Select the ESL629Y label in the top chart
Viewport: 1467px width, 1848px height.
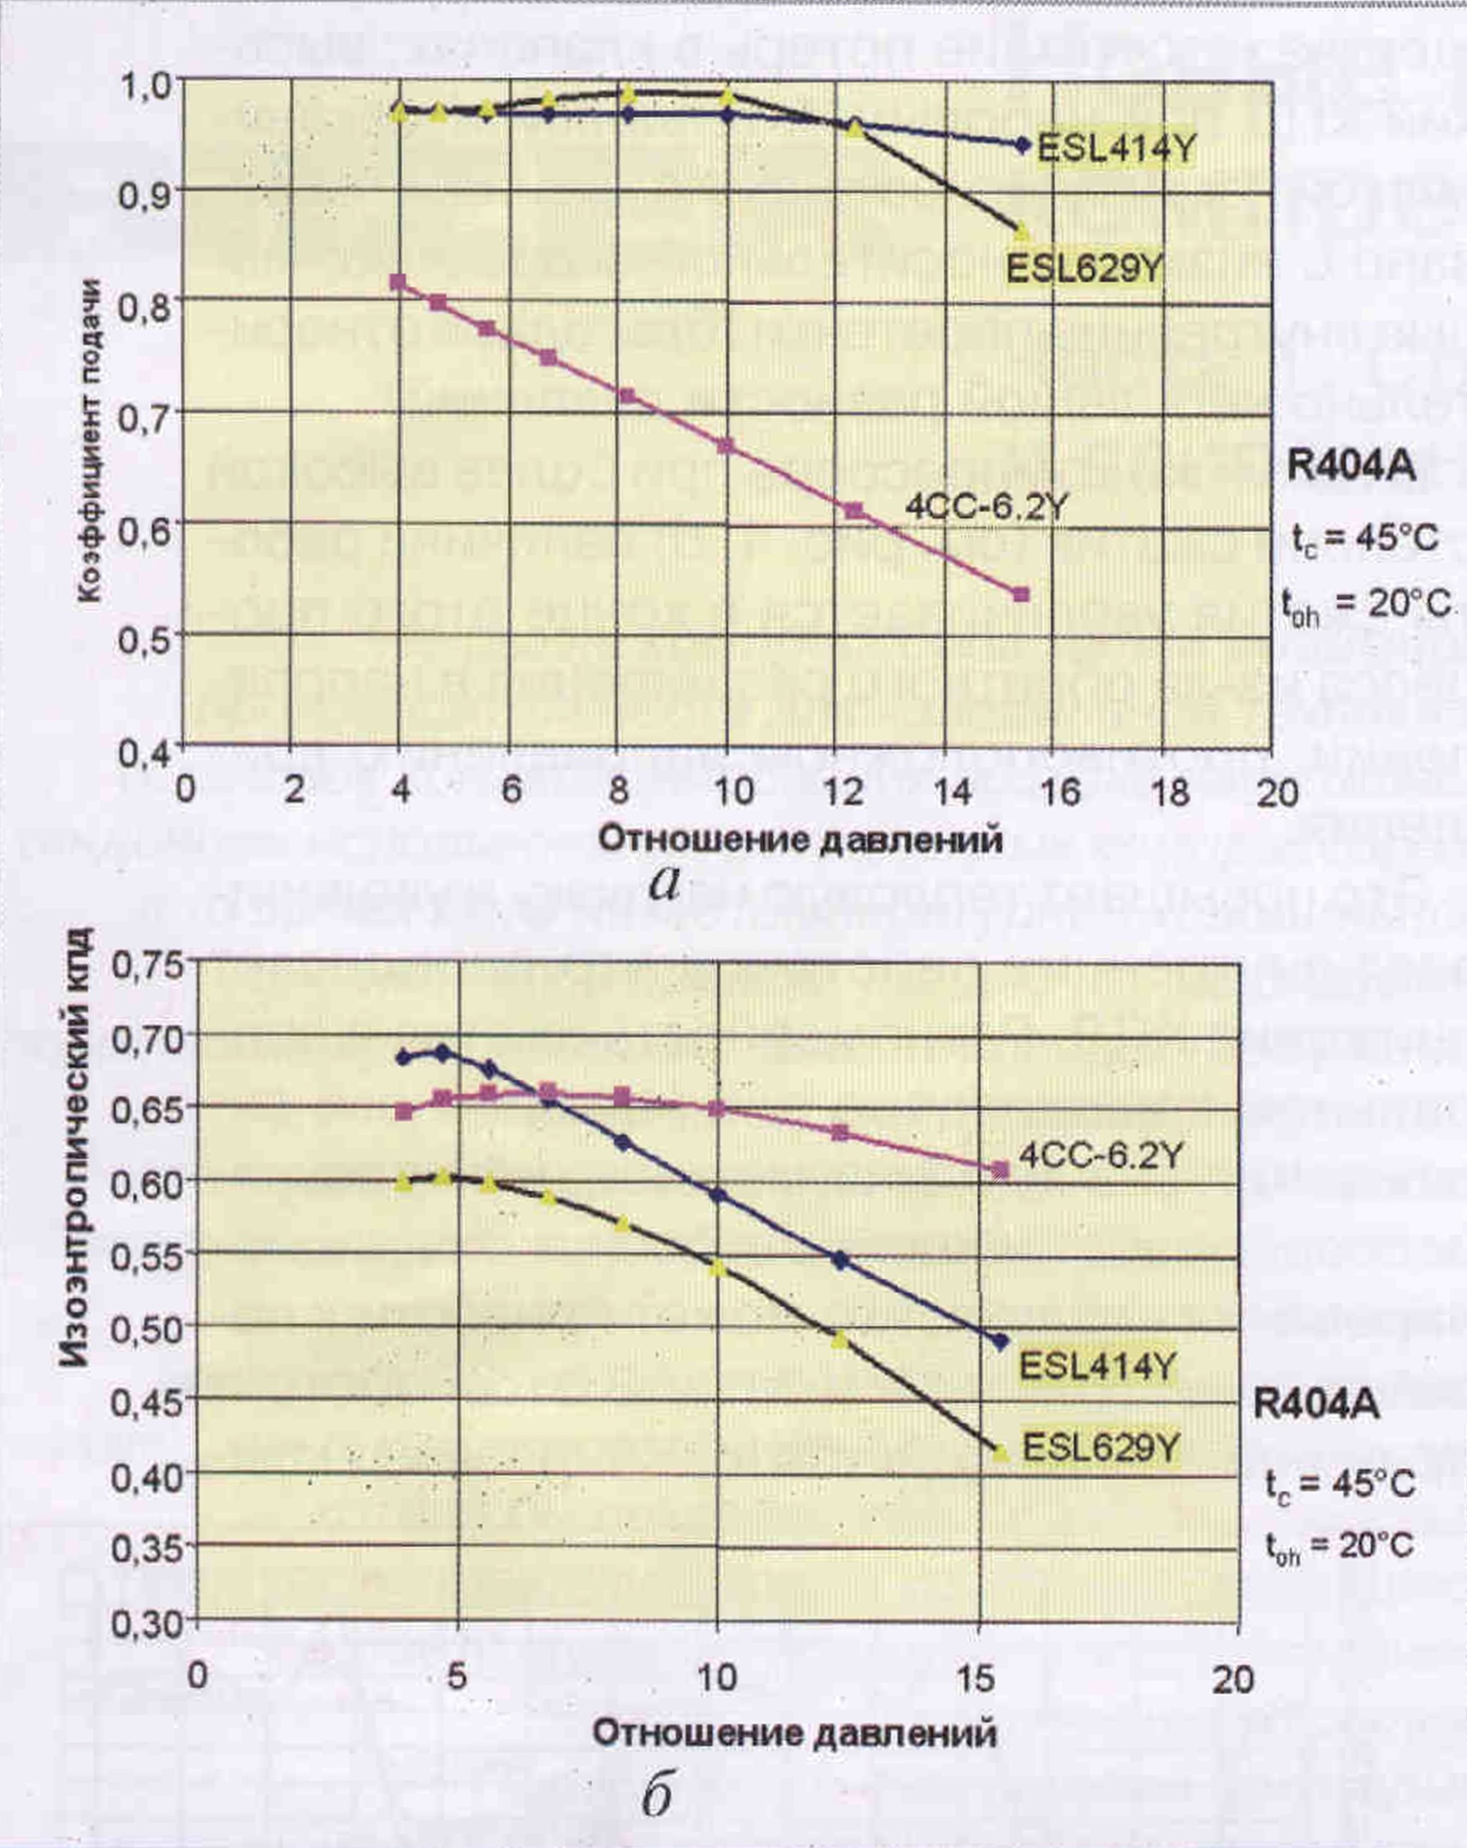pos(1084,269)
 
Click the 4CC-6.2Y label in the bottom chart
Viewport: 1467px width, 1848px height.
pos(1101,1157)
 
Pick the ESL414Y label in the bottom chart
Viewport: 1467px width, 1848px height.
pos(1096,1365)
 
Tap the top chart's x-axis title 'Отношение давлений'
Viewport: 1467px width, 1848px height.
pos(799,839)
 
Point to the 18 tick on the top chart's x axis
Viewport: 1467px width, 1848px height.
pos(1169,791)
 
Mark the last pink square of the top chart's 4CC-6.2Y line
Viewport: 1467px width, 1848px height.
pos(1020,595)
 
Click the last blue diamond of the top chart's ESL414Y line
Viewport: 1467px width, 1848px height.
pos(1021,145)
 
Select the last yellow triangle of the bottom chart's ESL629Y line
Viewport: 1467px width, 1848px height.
pos(1000,1451)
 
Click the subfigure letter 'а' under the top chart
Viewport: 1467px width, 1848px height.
pos(663,884)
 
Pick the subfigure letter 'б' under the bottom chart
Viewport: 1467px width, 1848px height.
pos(656,1792)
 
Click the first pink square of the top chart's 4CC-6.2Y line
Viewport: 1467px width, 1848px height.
pos(398,282)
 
